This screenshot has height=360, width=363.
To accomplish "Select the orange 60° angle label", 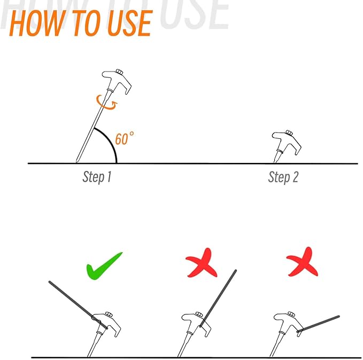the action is (x=125, y=138).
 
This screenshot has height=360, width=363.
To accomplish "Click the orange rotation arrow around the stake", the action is (x=106, y=102).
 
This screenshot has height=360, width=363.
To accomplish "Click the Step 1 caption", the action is (x=97, y=177).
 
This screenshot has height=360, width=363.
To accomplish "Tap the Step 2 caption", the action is (x=283, y=177).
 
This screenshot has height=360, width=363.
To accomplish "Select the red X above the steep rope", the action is (x=202, y=263).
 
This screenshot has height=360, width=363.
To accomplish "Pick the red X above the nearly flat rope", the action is (x=302, y=262).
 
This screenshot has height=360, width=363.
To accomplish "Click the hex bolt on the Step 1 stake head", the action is (x=119, y=72).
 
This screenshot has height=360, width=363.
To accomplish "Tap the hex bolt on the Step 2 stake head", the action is (x=289, y=133).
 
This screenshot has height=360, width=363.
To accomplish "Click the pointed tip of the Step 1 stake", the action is (x=76, y=162).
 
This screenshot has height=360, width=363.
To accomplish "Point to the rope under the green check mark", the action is (x=78, y=304).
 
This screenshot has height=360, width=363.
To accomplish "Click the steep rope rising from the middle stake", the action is (x=218, y=298).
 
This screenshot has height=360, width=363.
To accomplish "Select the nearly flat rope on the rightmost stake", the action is (x=318, y=324).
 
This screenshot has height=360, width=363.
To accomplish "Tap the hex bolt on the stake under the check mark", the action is (x=109, y=314).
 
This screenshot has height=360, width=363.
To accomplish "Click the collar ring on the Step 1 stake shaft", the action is (x=110, y=90).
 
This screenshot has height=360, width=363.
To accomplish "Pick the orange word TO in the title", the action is (x=86, y=23).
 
